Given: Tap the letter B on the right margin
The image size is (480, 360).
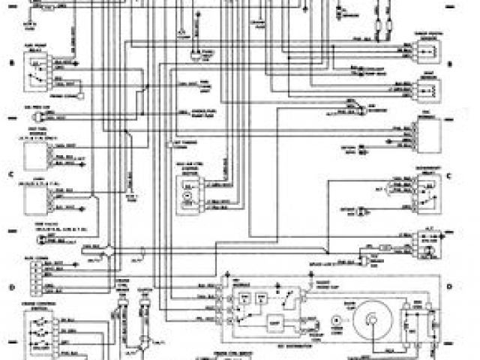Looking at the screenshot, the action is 448,64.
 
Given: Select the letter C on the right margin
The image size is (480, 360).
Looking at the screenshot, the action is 448,175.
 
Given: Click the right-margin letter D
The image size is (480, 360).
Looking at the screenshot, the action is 448,286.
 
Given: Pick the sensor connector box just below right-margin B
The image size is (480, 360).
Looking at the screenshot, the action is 425,88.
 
